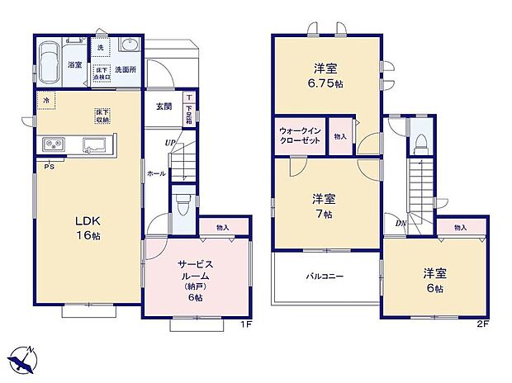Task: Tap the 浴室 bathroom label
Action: pyautogui.click(x=73, y=64)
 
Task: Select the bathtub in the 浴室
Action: pyautogui.click(x=48, y=60)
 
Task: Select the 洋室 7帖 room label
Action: pyautogui.click(x=323, y=206)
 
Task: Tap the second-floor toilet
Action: pyautogui.click(x=420, y=143)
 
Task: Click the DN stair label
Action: pyautogui.click(x=400, y=224)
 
